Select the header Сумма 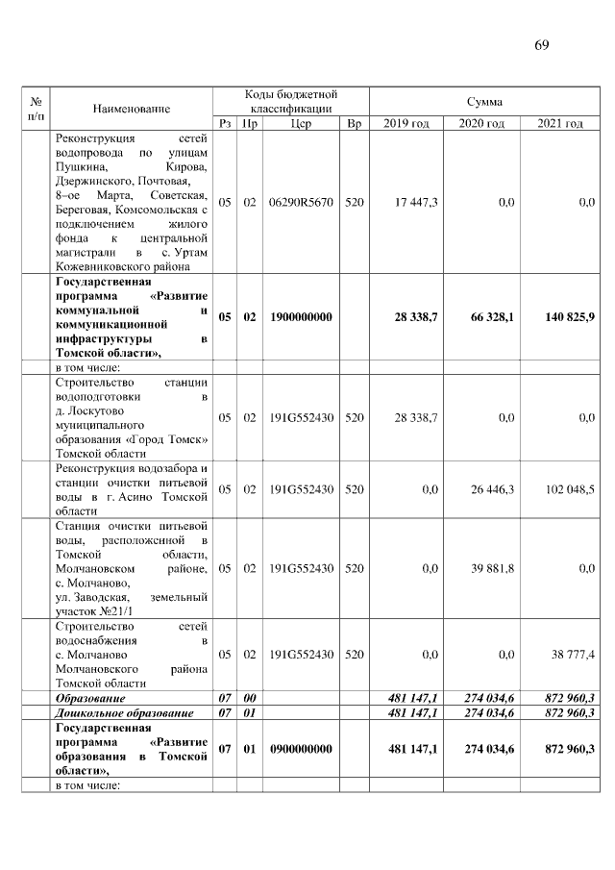pos(484,101)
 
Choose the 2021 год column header pos(560,124)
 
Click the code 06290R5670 pos(301,203)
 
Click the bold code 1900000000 pos(301,316)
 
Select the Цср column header pos(301,124)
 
